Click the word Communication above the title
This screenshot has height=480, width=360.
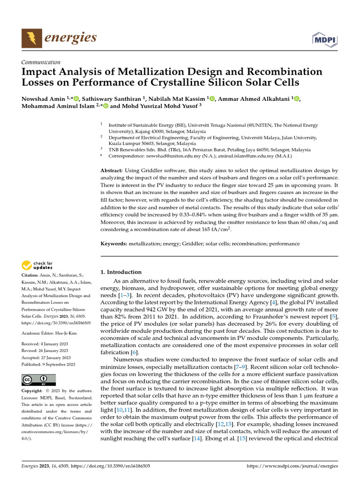click(41, 62)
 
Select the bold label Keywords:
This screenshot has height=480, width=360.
click(114, 244)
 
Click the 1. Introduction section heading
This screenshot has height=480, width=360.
click(121, 272)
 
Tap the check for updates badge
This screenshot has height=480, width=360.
click(37, 265)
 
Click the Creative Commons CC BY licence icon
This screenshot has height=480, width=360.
click(38, 380)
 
